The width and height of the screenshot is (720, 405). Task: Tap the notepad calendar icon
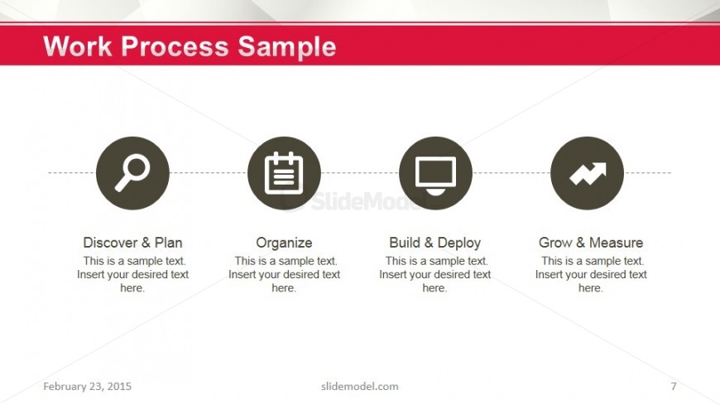point(284,173)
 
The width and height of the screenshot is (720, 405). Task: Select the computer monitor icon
point(436,175)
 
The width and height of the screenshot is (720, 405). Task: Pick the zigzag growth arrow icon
point(588,173)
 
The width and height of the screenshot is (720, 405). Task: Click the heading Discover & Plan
point(132,243)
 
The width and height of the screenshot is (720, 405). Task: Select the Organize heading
point(284,243)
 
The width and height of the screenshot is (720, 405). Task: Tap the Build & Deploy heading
point(434,243)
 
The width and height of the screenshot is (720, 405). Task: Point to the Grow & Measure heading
point(591,243)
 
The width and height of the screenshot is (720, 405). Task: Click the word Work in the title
point(78,46)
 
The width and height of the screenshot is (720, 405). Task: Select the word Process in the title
point(175,47)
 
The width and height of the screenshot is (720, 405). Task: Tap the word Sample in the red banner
point(287,48)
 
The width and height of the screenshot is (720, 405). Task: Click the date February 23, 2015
point(87,386)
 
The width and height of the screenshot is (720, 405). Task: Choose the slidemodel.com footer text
point(360,386)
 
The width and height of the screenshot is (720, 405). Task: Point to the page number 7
point(674,386)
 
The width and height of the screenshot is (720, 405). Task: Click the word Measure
point(617,243)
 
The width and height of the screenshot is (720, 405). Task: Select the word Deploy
point(459,243)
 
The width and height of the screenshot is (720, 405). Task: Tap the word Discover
point(110,243)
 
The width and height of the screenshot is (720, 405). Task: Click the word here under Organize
point(284,288)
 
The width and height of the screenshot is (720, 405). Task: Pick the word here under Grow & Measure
point(591,288)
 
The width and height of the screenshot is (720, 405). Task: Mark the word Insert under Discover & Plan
point(91,274)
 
